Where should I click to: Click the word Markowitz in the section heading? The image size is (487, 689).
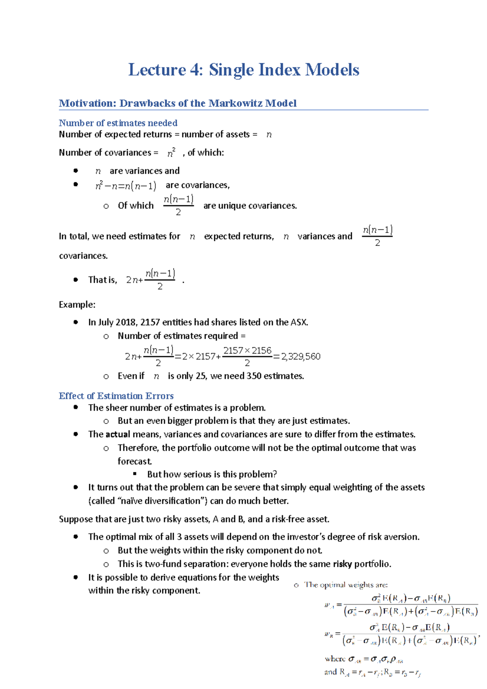point(235,103)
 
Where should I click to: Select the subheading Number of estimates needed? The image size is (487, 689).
point(118,123)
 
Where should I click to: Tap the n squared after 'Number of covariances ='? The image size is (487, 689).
point(171,153)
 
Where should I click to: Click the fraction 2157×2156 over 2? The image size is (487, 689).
point(247,356)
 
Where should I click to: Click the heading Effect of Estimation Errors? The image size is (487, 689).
point(116,396)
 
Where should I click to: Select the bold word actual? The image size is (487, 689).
point(118,434)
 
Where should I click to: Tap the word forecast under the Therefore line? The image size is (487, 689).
point(134,461)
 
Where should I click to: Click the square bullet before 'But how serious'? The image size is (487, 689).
point(135,474)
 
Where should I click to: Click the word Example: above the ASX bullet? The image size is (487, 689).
point(77,305)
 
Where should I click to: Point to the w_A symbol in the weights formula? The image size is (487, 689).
point(329,605)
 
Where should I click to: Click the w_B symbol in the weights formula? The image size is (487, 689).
point(329,634)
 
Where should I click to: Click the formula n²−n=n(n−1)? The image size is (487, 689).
point(125,186)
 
